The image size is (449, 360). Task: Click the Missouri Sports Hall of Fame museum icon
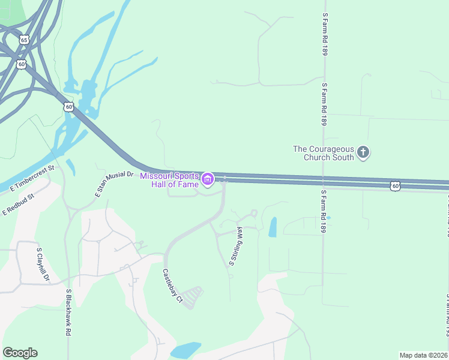pos(208,179)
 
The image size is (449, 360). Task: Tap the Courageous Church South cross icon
pos(363,153)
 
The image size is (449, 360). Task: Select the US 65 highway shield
pos(23,40)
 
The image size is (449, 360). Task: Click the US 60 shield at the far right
pos(394,186)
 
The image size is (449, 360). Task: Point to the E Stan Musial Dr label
pos(113,184)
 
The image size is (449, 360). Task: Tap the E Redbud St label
pos(19,205)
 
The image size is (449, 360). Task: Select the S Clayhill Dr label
pos(42,265)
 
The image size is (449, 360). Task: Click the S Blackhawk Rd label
pos(69,312)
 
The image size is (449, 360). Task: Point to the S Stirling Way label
pos(235,247)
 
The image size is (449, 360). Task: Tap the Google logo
pos(20,353)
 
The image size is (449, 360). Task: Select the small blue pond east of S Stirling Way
pos(273,227)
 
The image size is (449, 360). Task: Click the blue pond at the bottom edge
pos(185,350)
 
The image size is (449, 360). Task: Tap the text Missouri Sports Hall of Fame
pos(169,179)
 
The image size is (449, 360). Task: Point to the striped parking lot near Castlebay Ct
pos(191,297)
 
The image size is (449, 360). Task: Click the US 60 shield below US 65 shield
pos(21,64)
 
